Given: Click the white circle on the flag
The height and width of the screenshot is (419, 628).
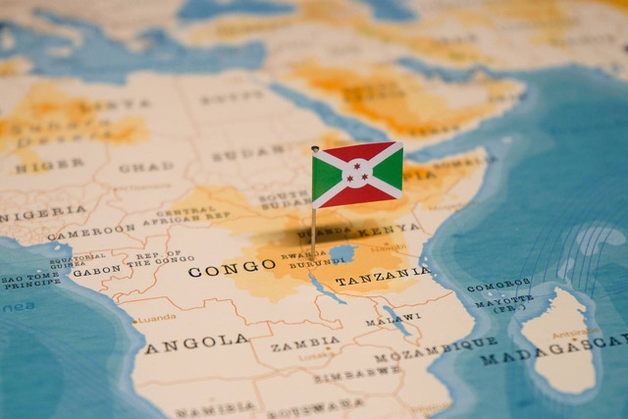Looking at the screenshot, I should click(357, 175).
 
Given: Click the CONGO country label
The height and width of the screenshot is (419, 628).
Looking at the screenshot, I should click(232, 267).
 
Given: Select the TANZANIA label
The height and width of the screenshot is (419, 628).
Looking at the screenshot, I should click(382, 277).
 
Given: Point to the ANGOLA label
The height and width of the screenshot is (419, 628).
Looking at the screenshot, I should click(196, 341).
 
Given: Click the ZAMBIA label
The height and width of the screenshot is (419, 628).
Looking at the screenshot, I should click(305, 344).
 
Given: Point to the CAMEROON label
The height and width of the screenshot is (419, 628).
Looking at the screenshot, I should click(91, 233).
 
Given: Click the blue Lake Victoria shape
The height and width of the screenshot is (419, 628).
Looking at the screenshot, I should click(341, 253).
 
